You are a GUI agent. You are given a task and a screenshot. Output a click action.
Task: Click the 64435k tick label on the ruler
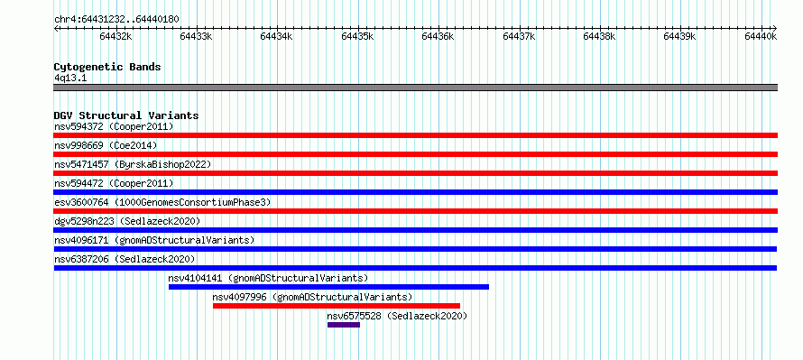click(x=357, y=36)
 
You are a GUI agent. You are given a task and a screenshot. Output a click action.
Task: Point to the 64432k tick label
click(x=115, y=36)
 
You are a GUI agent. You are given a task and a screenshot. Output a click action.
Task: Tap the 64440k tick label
click(x=761, y=36)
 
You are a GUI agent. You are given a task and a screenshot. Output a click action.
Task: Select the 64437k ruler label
click(x=519, y=36)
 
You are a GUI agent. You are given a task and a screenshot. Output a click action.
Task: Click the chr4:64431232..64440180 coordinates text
click(x=116, y=20)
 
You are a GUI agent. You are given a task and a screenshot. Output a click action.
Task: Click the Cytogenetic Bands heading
click(x=107, y=67)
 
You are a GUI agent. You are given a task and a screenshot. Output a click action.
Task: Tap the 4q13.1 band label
click(x=70, y=78)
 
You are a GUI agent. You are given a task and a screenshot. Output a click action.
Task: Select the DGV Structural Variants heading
click(x=126, y=115)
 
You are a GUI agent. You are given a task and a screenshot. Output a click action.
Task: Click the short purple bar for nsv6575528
click(x=344, y=325)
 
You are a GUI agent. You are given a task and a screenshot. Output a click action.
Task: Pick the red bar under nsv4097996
click(x=337, y=306)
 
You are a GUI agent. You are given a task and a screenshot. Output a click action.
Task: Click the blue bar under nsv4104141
click(x=328, y=287)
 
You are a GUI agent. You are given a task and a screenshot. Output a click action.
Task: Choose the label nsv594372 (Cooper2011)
click(x=114, y=126)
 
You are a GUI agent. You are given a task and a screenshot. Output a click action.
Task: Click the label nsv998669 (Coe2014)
click(x=106, y=145)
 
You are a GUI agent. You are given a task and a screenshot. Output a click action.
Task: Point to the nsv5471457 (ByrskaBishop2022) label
click(x=133, y=164)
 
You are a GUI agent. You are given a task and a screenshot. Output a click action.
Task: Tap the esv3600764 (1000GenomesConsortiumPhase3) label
click(x=162, y=202)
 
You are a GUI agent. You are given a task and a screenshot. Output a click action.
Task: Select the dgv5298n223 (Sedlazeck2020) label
click(x=127, y=221)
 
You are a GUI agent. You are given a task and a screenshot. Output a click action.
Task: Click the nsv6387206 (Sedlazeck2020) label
click(x=125, y=259)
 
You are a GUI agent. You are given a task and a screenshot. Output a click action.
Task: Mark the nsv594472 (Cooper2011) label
click(x=114, y=183)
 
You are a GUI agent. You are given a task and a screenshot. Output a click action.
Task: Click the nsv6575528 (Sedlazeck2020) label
click(x=397, y=316)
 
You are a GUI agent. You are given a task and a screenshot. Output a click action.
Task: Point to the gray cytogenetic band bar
click(x=416, y=88)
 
